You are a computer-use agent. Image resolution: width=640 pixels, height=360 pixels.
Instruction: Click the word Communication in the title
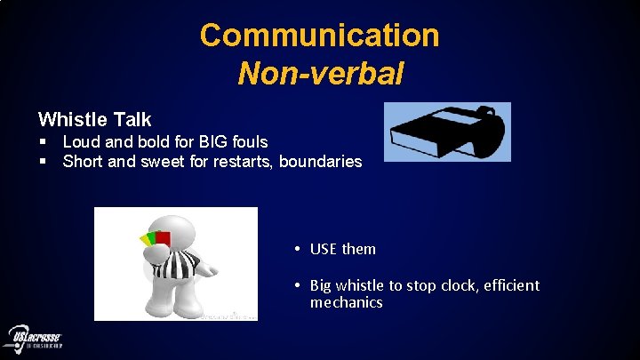point(320,36)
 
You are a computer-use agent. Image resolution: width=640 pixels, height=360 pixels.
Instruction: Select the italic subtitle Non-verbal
point(320,73)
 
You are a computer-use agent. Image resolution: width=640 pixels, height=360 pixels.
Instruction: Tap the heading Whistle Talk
point(95,119)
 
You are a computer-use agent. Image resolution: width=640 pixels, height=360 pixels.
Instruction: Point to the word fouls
point(248,141)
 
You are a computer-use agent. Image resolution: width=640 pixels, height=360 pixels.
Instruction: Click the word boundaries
point(320,162)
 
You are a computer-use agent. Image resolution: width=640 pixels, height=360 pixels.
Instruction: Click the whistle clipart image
point(448,132)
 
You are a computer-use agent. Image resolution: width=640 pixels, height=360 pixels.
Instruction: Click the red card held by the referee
point(161,237)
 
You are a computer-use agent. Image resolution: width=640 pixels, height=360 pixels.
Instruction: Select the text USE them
point(342,249)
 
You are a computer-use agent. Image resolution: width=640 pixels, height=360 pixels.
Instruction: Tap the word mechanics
point(346,302)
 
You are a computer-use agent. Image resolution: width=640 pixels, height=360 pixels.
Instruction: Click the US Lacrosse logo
point(35,338)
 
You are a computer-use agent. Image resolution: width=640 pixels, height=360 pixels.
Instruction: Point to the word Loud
point(81,141)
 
